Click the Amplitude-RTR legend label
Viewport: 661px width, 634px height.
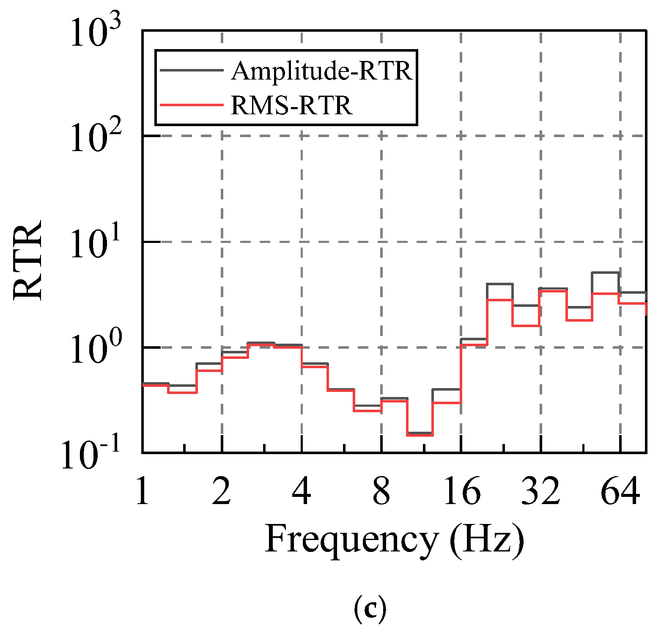pyautogui.click(x=321, y=71)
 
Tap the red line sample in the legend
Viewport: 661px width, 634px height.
pyautogui.click(x=191, y=105)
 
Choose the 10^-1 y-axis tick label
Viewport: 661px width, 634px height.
pyautogui.click(x=91, y=455)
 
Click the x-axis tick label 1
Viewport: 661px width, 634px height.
pyautogui.click(x=143, y=491)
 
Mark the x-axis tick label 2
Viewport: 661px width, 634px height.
pyautogui.click(x=222, y=491)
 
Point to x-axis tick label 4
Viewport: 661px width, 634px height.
pyautogui.click(x=302, y=491)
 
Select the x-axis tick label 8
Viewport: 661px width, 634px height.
pyautogui.click(x=381, y=491)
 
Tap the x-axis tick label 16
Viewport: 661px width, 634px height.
pyautogui.click(x=461, y=491)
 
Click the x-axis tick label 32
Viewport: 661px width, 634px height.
pyautogui.click(x=541, y=491)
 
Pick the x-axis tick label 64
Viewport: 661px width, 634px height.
pyautogui.click(x=620, y=491)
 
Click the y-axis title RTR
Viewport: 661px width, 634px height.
pyautogui.click(x=28, y=260)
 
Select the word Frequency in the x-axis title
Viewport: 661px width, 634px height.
pyautogui.click(x=351, y=540)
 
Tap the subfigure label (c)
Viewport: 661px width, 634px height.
pyautogui.click(x=370, y=608)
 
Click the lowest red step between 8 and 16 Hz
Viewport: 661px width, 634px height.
pyautogui.click(x=420, y=435)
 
